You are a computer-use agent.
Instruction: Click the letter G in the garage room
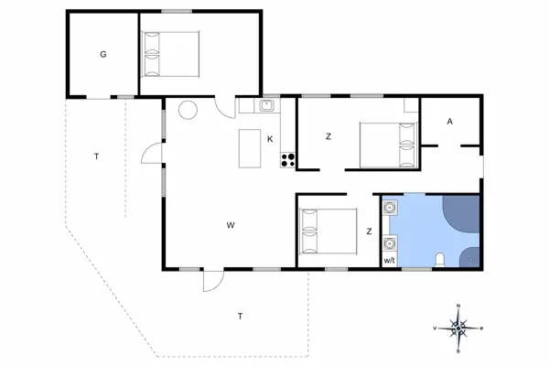coord(103,55)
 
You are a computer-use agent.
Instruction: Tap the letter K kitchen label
coord(271,139)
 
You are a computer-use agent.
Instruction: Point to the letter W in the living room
coord(232,223)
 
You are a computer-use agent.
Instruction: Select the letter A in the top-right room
coord(449,121)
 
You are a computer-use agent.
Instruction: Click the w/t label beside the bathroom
coord(389,262)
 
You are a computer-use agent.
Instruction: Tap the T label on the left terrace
coord(96,157)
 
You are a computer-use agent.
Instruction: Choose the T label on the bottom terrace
coord(240,316)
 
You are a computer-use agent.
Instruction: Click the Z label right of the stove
coord(327,137)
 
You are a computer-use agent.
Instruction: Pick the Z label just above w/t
coord(369,231)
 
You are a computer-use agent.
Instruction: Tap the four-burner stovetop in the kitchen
coord(287,160)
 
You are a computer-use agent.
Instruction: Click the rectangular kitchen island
coord(248,148)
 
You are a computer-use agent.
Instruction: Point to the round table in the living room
coord(187,111)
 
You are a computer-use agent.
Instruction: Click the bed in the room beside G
coord(170,53)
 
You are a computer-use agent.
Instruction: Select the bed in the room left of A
coord(385,144)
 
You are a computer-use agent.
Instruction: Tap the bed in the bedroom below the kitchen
coord(327,232)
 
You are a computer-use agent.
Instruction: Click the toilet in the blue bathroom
coord(441,260)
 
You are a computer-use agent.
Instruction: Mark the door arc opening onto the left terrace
coord(149,153)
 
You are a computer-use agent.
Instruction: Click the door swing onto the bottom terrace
coord(211,280)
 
